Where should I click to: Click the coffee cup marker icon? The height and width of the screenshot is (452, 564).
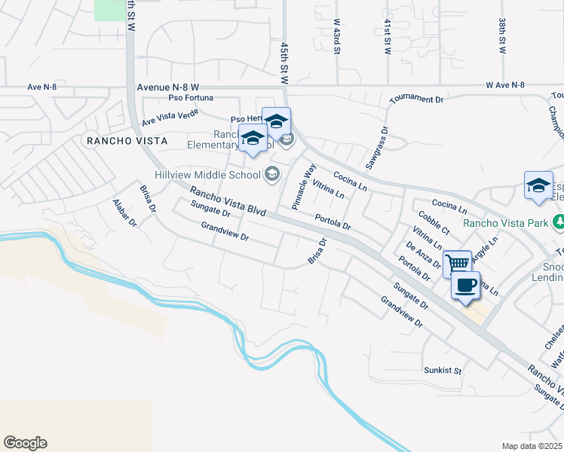point(465,286)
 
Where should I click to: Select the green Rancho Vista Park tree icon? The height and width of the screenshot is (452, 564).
point(558,222)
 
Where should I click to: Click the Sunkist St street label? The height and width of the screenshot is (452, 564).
point(442,371)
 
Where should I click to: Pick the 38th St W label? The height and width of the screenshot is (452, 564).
point(501,36)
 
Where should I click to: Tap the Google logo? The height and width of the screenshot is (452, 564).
point(25,443)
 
